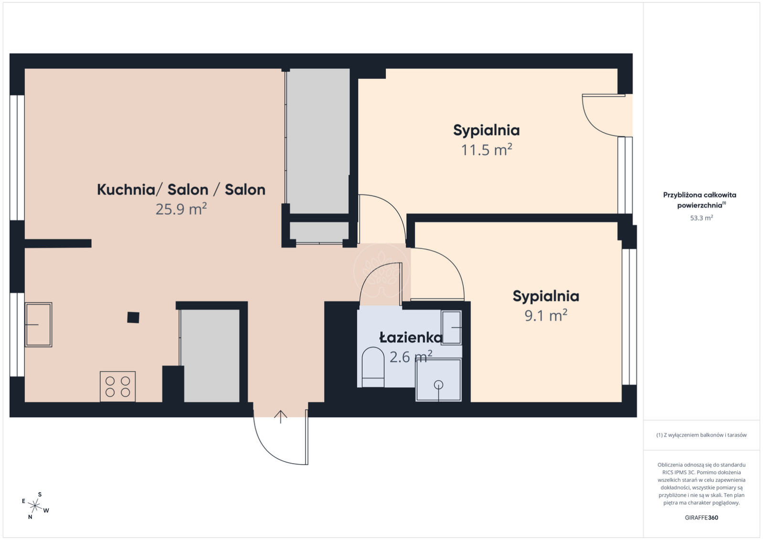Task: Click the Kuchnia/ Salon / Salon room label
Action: pos(181,190)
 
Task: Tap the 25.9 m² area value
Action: pos(181,209)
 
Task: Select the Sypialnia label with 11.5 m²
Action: pos(487,131)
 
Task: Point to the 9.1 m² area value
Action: pos(546,315)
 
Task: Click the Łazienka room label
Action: pos(411,337)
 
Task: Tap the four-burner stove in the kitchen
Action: pos(117,386)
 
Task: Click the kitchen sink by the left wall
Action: pos(39,325)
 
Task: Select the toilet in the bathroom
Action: pos(373,367)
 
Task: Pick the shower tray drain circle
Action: pos(438,385)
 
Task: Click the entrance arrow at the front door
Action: pos(280,417)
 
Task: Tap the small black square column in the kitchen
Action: pos(133,318)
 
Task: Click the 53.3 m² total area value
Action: pos(701,218)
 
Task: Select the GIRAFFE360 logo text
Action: pos(701,518)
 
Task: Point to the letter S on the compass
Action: pos(40,494)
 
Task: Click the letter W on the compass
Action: pos(46,510)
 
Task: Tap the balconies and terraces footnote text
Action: pos(701,435)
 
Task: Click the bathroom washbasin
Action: pos(452,328)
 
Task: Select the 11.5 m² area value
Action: pos(487,150)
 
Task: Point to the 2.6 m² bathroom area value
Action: pos(411,357)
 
